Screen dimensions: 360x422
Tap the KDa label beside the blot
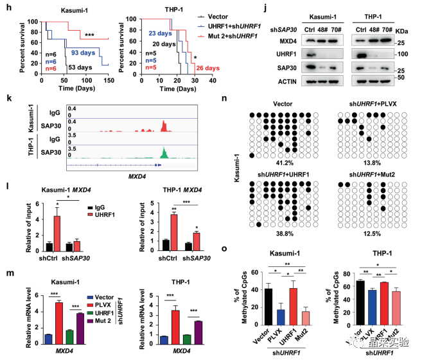[403, 30]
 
